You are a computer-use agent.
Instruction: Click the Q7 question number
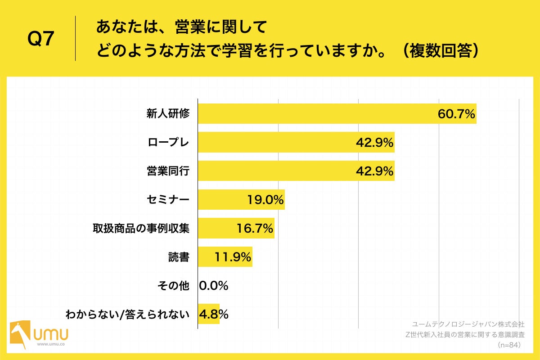click(41, 39)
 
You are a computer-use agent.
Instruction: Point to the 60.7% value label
click(456, 114)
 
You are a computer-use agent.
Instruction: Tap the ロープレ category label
click(168, 143)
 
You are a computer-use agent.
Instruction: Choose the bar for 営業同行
click(296, 171)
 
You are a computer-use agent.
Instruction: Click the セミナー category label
click(168, 200)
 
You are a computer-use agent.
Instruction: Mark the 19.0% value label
click(265, 200)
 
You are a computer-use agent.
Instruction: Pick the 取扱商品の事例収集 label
click(140, 229)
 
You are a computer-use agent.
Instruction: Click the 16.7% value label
click(255, 229)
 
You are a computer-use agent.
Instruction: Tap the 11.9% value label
click(233, 257)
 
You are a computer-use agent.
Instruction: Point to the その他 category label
click(173, 285)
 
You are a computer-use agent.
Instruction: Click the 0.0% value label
click(214, 285)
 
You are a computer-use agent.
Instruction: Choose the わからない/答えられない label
click(127, 314)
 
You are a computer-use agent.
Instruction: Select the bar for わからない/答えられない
click(208, 314)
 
